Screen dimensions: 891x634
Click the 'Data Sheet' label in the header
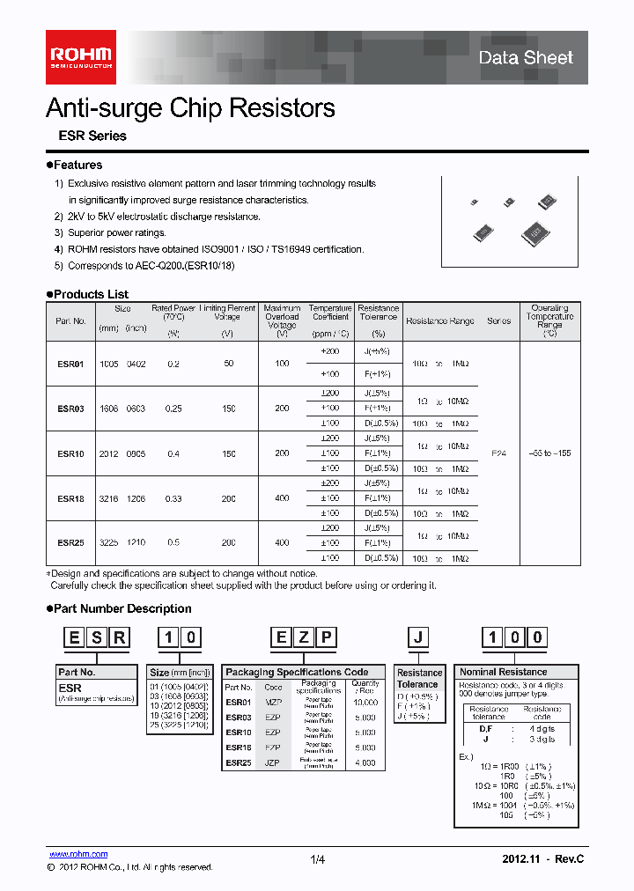[526, 58]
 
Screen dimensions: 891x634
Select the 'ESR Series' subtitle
[92, 136]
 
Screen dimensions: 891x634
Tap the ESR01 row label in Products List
[70, 364]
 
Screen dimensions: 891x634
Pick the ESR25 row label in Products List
[70, 543]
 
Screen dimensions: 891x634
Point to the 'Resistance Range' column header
[439, 321]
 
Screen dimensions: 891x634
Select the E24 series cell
[498, 453]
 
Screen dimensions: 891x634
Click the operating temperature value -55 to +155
[549, 453]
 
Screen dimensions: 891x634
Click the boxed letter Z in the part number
[304, 637]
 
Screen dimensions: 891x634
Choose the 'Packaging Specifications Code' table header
[297, 672]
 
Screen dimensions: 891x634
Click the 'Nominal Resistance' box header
[503, 672]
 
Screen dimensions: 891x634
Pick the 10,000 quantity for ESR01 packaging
[365, 703]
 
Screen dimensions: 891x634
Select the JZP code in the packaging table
[273, 762]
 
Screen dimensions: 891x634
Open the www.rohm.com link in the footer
[77, 854]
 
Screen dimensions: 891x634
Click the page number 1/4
[318, 859]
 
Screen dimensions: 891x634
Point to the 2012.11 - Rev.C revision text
[542, 858]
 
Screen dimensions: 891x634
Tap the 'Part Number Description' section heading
[122, 608]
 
